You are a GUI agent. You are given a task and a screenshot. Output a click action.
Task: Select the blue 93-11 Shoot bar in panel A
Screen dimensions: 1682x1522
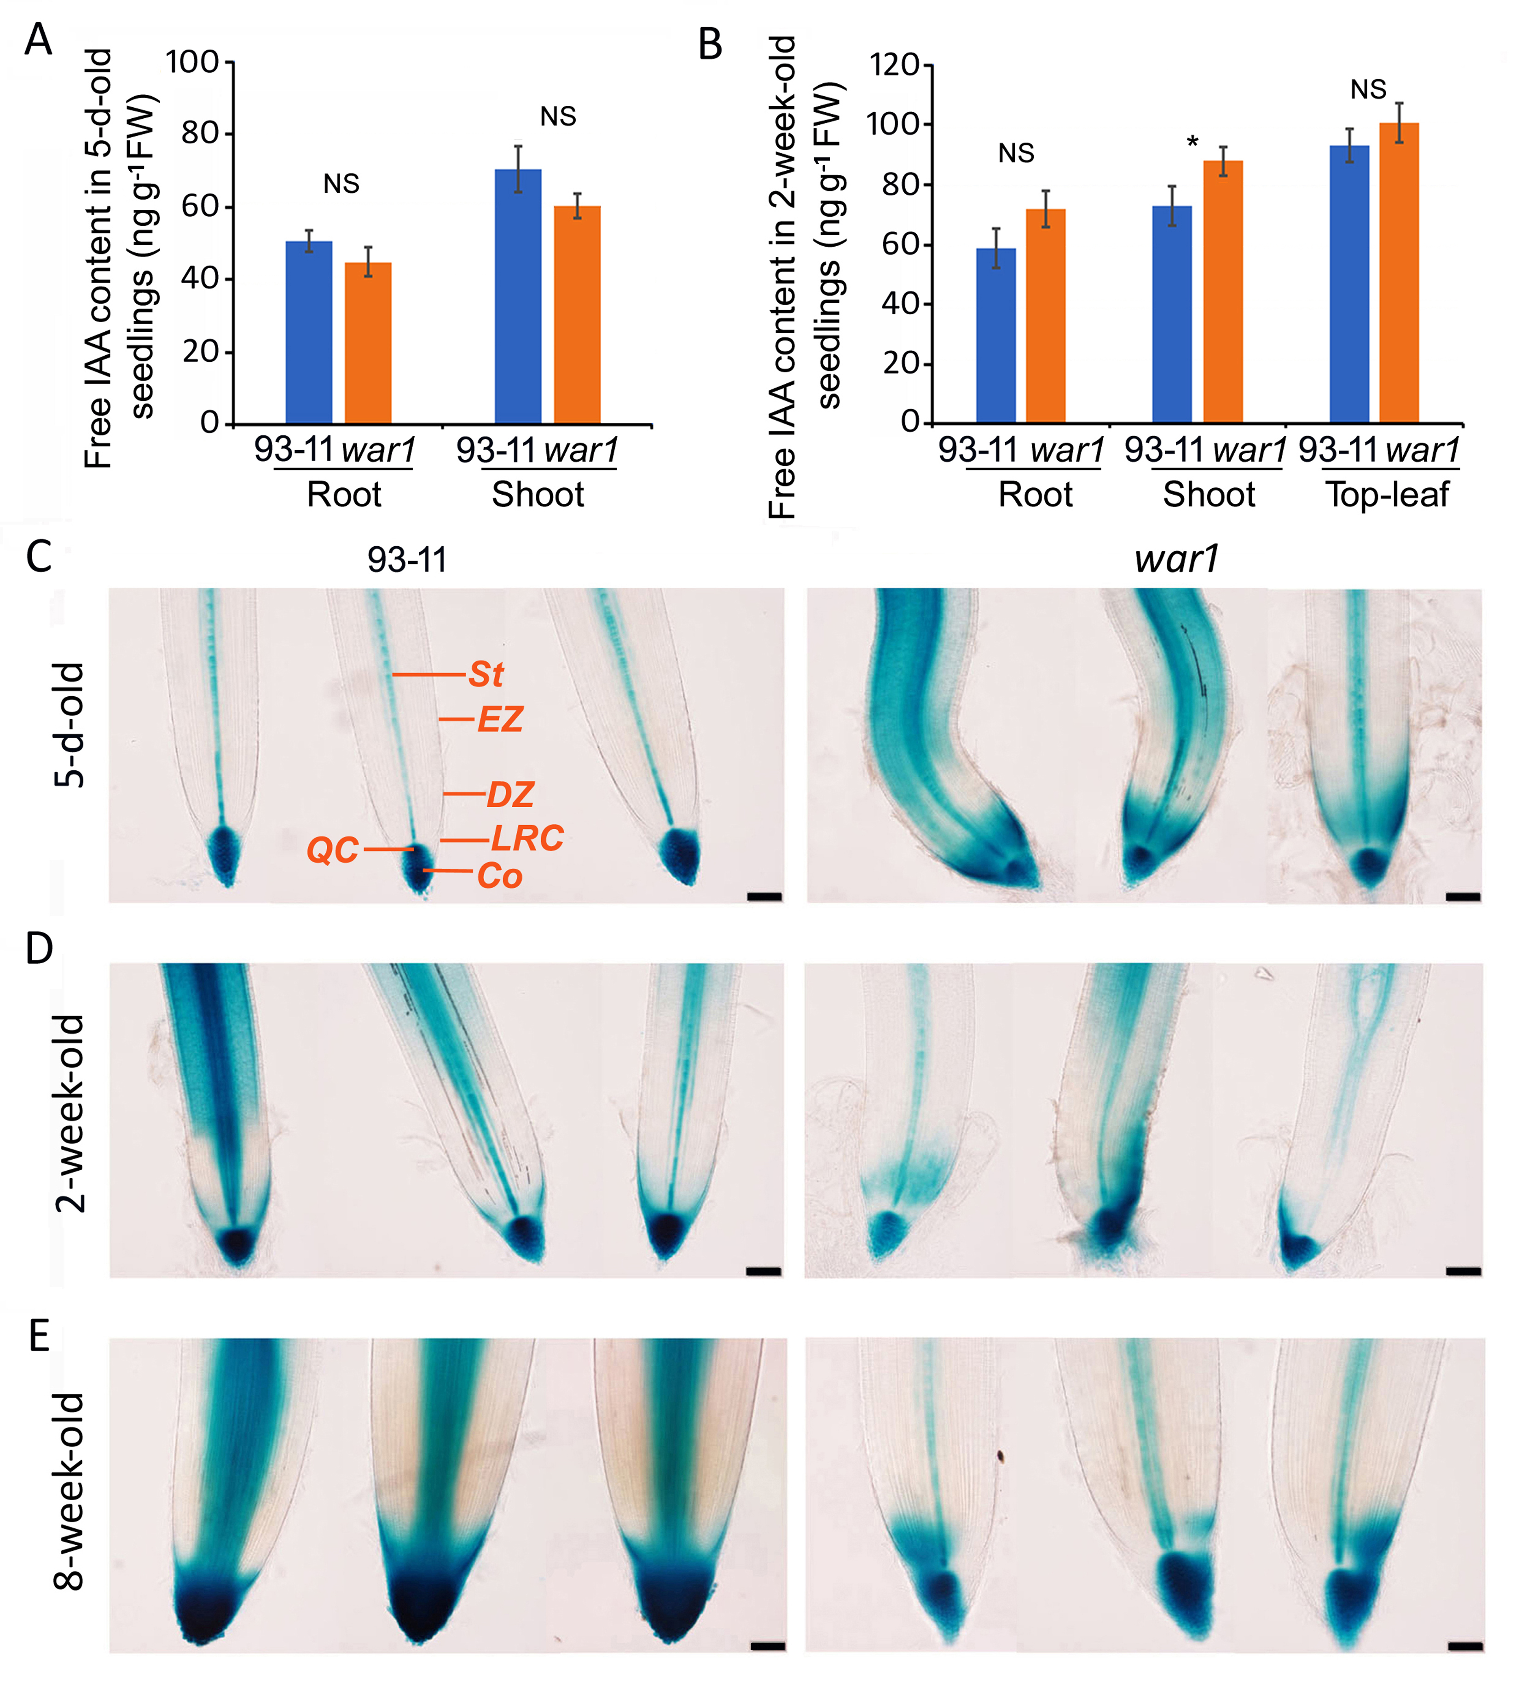[518, 296]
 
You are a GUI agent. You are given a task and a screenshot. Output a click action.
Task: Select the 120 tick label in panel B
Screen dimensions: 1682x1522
[894, 65]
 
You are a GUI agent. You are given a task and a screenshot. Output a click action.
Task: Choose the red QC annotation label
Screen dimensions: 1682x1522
[332, 850]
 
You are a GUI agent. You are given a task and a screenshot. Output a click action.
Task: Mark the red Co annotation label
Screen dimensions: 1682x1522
[499, 876]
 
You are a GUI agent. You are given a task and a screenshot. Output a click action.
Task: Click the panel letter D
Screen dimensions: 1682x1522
[39, 948]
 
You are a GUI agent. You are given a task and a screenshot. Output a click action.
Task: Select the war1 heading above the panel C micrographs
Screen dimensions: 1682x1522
[1176, 558]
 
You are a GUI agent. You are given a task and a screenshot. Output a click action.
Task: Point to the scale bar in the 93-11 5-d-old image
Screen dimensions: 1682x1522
[764, 897]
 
